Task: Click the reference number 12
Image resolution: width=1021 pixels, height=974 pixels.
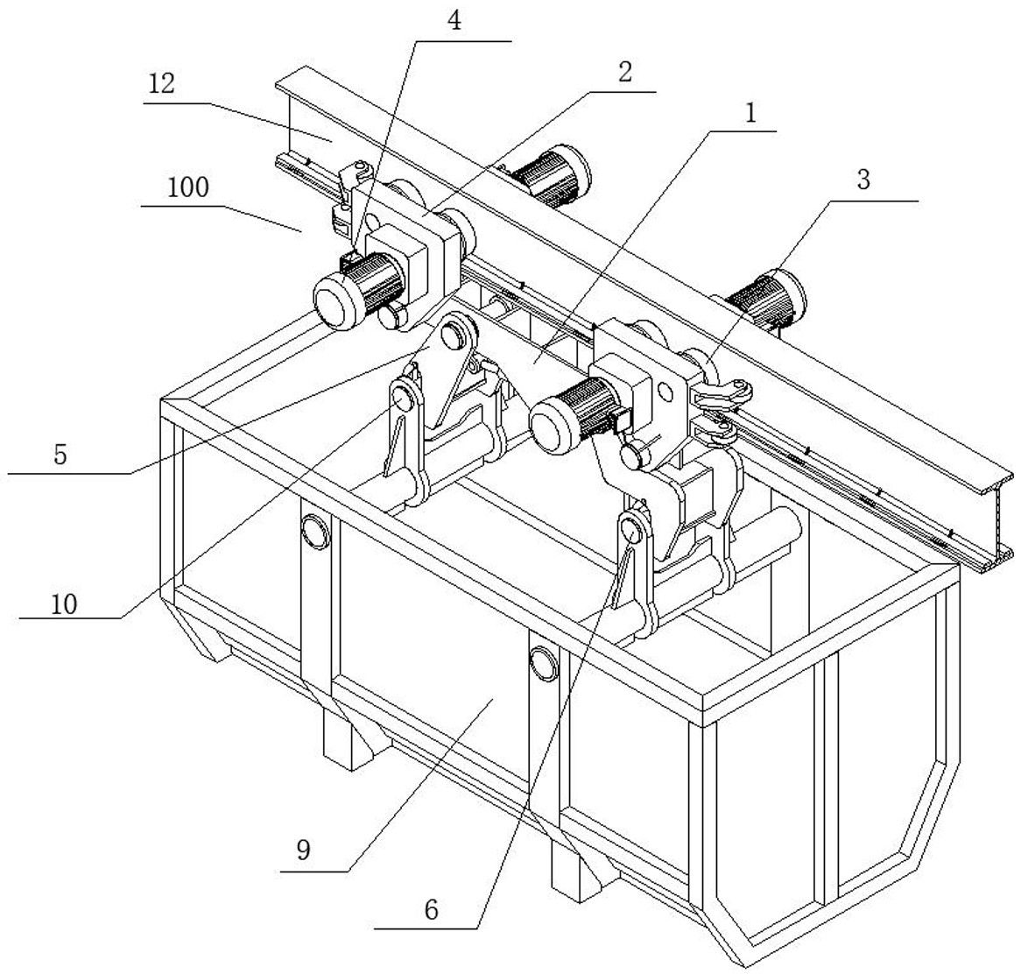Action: (x=162, y=84)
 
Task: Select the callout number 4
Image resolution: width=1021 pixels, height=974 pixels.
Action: (x=454, y=21)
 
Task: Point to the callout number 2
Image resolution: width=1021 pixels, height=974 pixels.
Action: (x=624, y=71)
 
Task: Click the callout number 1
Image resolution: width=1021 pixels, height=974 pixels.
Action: (x=750, y=112)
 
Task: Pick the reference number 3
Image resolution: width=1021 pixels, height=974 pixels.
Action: (x=863, y=180)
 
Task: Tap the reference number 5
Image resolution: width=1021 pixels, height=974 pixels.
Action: (x=60, y=455)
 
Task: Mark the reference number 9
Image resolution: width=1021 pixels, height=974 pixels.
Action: (x=303, y=850)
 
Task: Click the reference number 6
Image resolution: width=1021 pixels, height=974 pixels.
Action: (x=430, y=909)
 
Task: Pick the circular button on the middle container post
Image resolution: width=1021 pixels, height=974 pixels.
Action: (x=543, y=661)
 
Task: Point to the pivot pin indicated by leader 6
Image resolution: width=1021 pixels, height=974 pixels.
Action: (x=631, y=529)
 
